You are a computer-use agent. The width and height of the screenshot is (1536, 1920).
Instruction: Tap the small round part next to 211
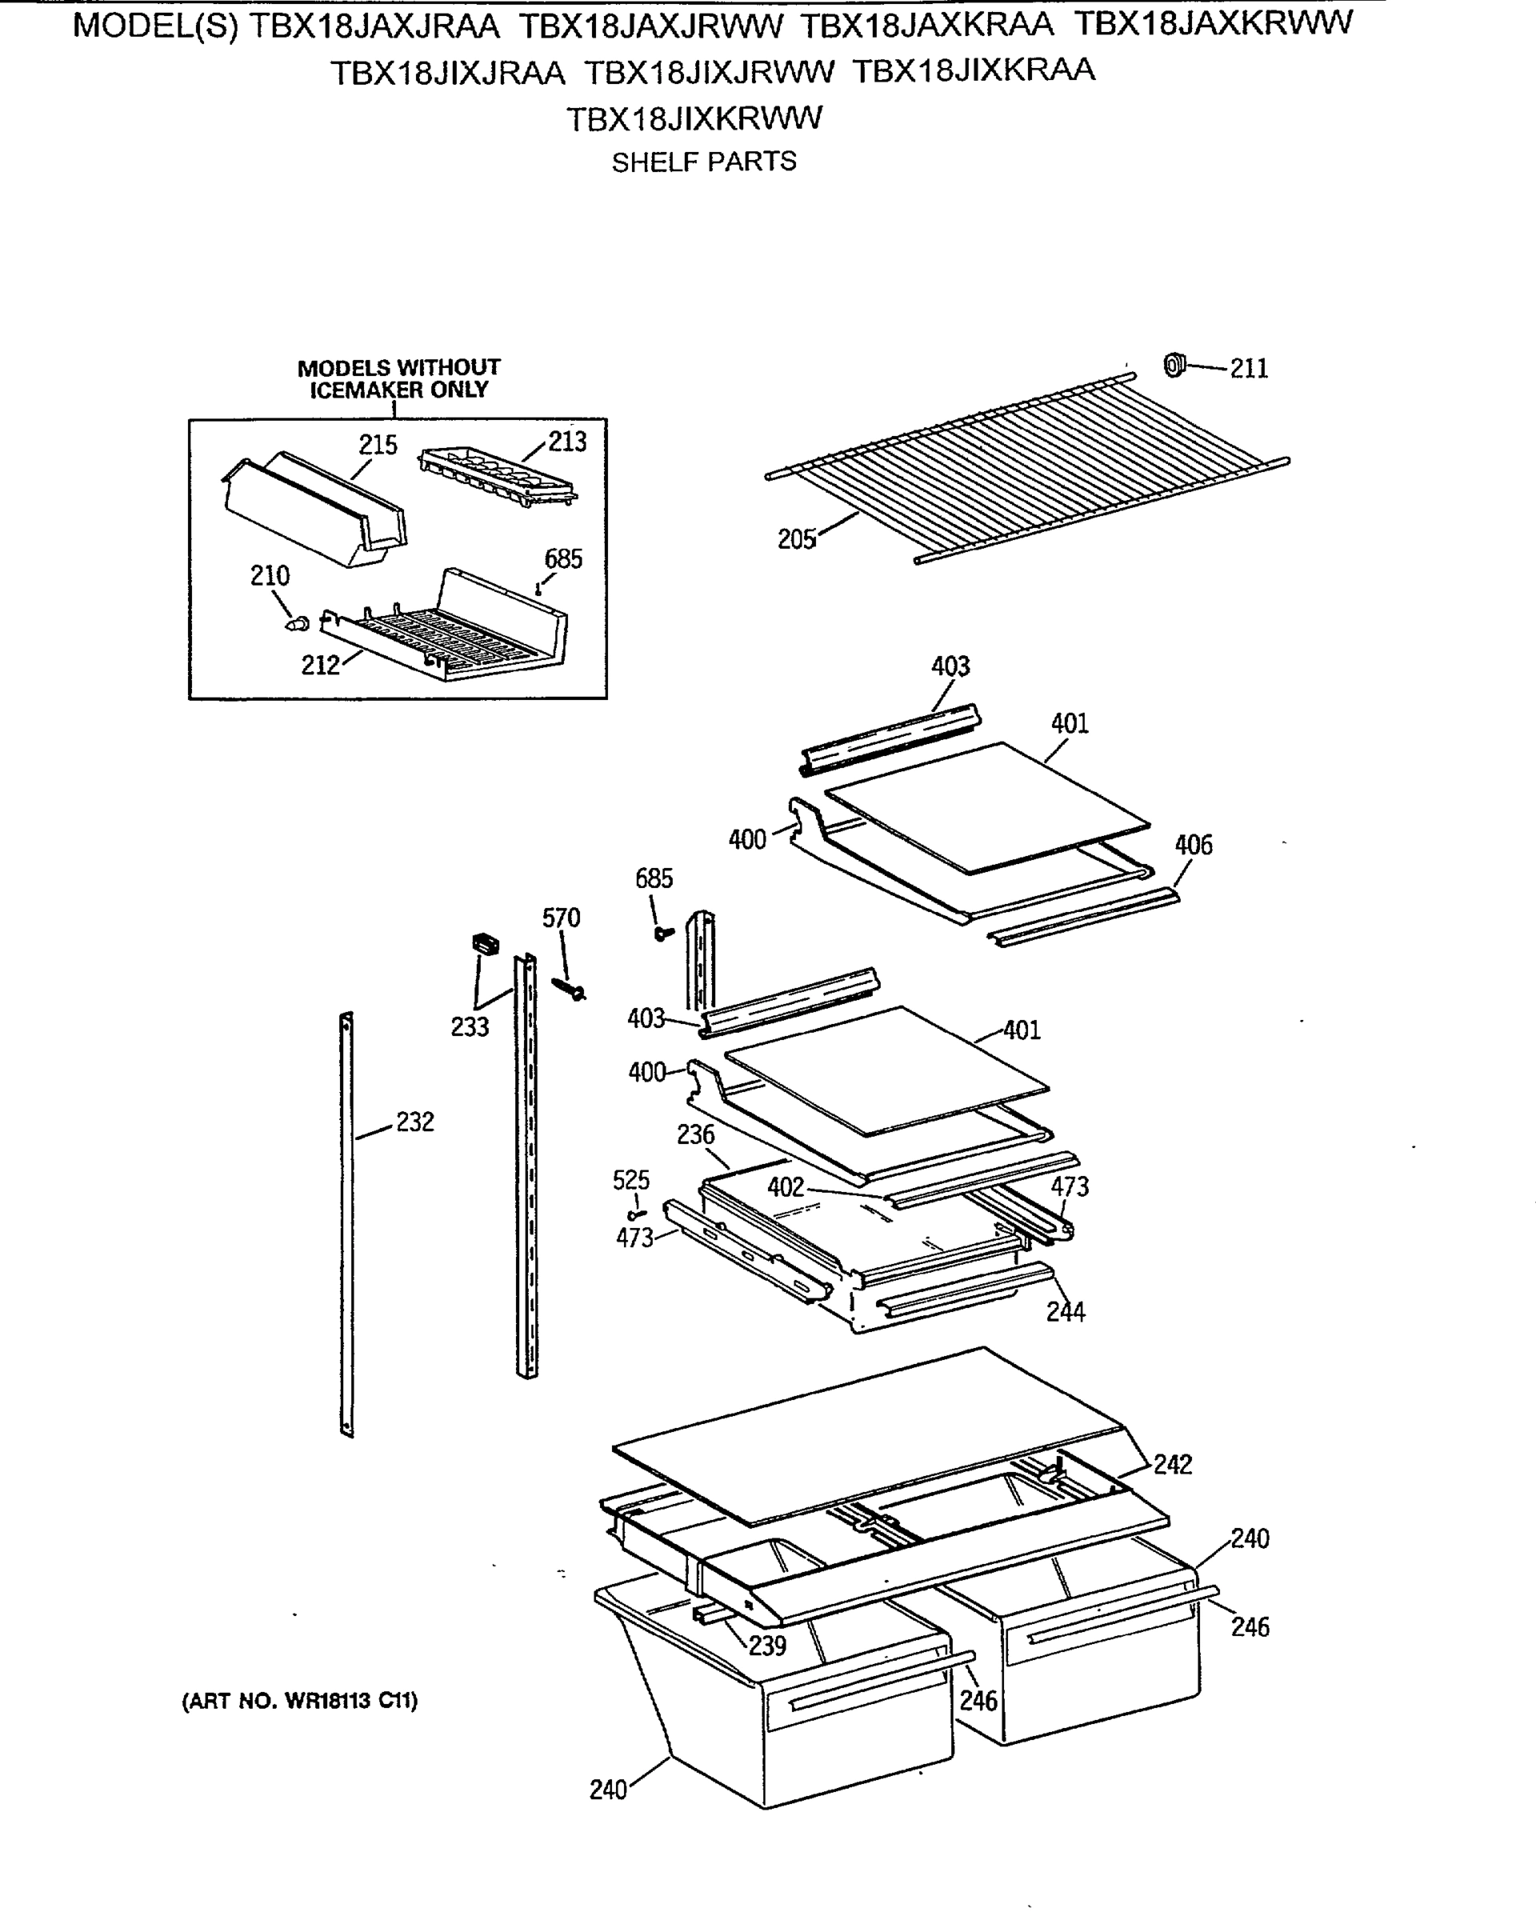tap(1175, 365)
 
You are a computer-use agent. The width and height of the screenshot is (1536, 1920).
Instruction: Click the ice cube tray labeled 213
tap(497, 477)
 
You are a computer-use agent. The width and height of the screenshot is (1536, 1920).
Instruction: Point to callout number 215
tap(378, 446)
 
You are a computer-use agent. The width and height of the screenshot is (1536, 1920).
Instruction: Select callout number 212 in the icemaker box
tap(321, 666)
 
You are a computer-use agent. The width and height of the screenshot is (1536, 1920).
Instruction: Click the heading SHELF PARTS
tap(703, 162)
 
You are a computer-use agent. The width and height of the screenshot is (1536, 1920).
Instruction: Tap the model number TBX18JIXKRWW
tap(694, 118)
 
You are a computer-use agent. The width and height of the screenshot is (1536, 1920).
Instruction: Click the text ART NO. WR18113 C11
tap(300, 1702)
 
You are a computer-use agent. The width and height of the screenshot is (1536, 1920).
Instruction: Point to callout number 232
tap(415, 1122)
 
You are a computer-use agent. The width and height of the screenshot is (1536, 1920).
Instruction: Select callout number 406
tap(1193, 845)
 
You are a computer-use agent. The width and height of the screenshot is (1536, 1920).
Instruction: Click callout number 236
tap(695, 1135)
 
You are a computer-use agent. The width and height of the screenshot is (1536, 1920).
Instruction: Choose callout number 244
tap(1065, 1312)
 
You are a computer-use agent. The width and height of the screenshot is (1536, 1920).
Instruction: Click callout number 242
tap(1173, 1464)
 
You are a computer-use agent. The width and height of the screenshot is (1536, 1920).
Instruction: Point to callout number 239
tap(766, 1646)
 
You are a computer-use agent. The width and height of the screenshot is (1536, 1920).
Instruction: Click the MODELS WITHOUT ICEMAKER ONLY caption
tap(398, 378)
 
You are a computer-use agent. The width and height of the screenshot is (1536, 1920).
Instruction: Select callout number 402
tap(786, 1187)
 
